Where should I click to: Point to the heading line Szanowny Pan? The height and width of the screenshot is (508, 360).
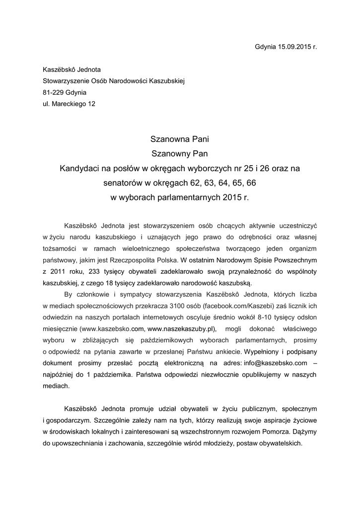(180, 154)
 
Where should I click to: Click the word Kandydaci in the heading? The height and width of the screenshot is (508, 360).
(80, 169)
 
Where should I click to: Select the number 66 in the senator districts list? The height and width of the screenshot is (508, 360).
(251, 183)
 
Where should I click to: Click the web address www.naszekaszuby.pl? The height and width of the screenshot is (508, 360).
(183, 328)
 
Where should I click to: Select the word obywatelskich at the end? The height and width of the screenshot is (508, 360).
(281, 443)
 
